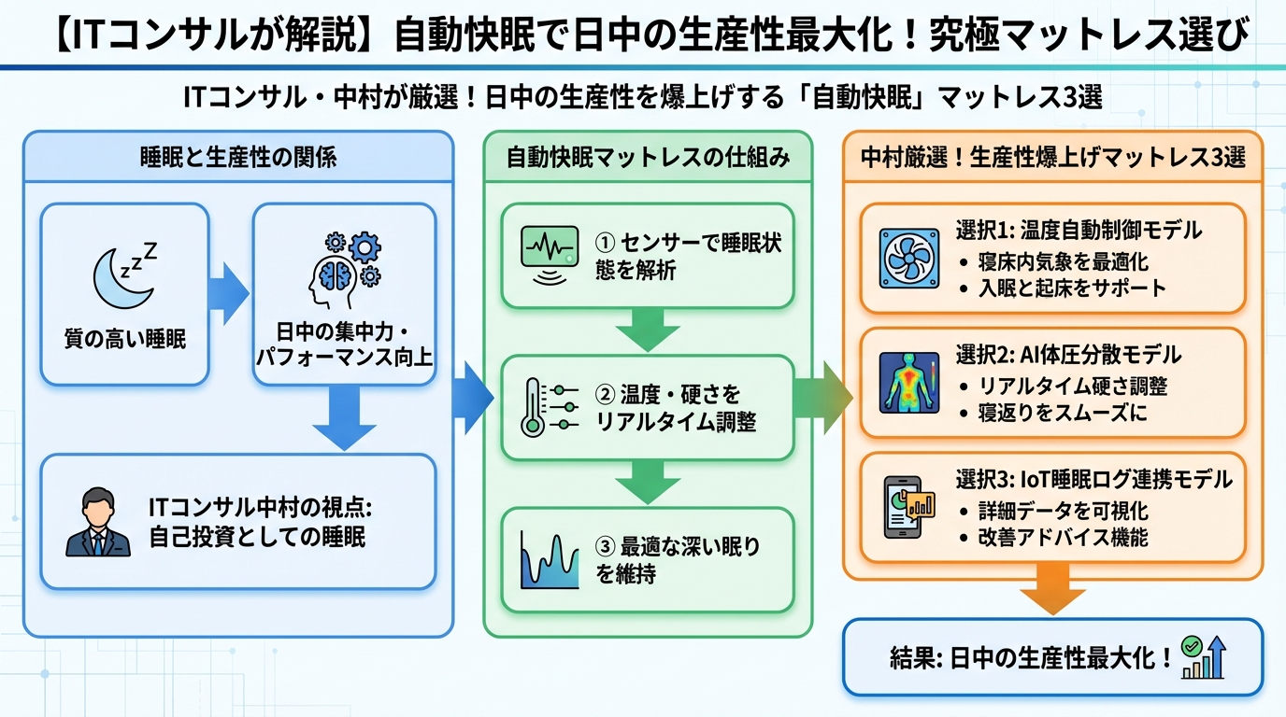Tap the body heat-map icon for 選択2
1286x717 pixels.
tap(909, 383)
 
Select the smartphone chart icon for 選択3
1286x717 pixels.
tap(909, 507)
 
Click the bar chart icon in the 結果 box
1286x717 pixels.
tap(1203, 658)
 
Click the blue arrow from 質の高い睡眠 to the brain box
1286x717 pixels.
tap(230, 292)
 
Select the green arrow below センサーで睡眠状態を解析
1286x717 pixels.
tap(648, 330)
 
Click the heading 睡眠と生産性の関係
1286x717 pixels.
tap(237, 158)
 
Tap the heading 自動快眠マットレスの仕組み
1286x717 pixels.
tap(648, 158)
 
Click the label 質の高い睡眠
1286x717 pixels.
tap(124, 339)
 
